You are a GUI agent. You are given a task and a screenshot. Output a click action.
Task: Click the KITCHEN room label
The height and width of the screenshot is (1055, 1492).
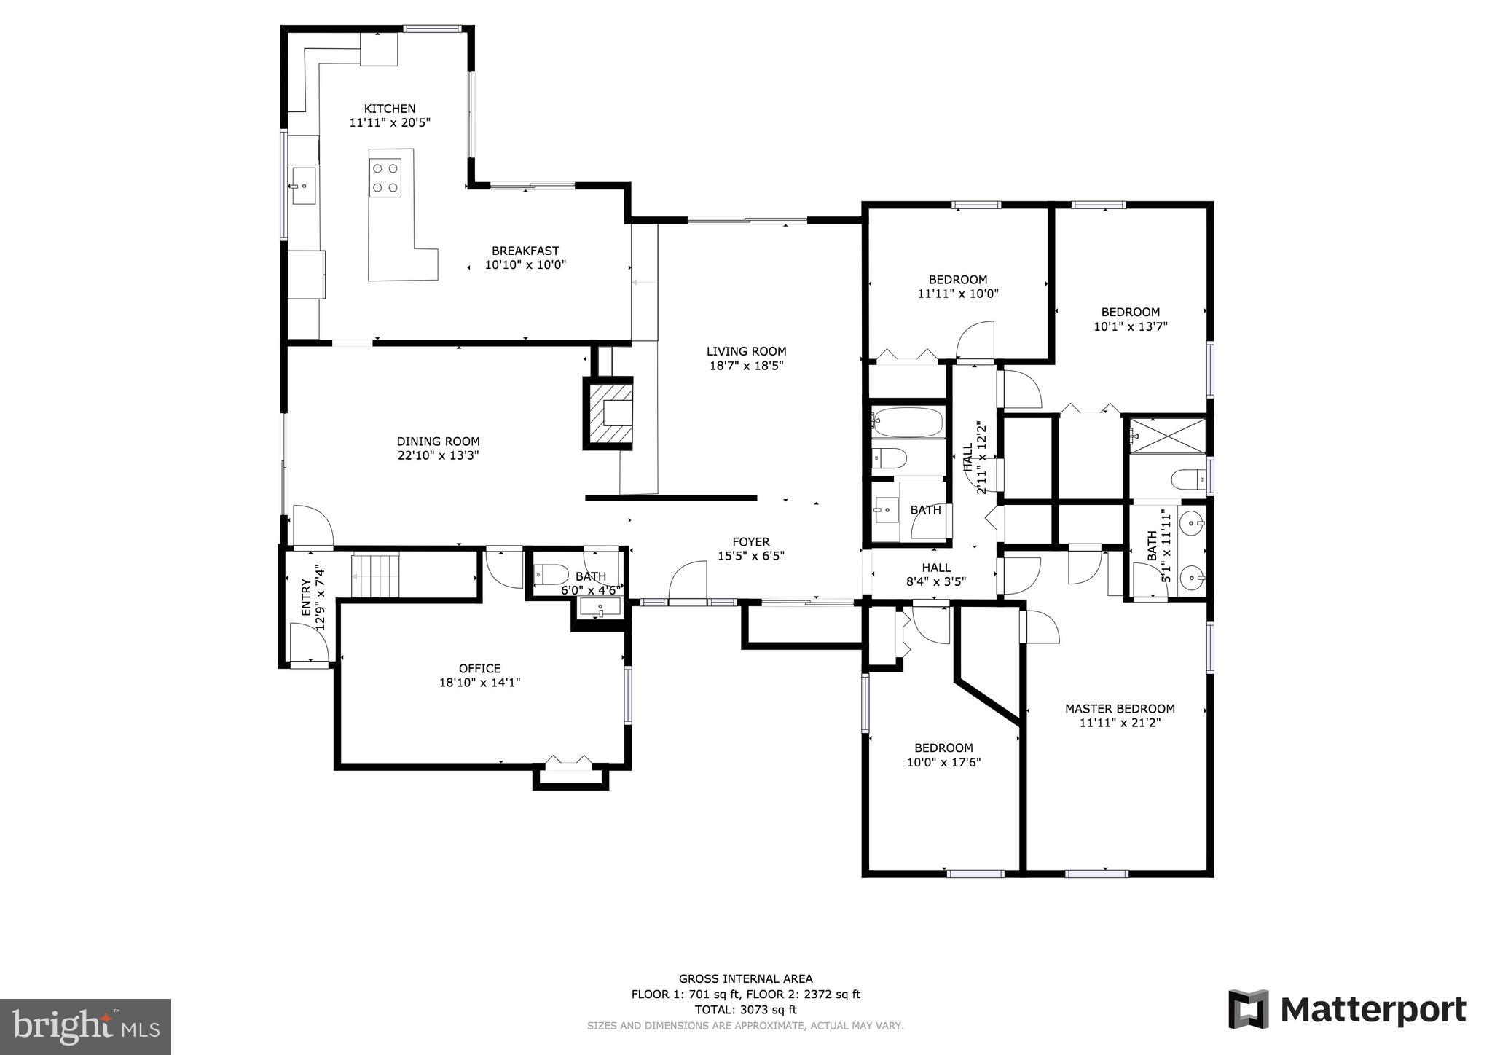point(390,109)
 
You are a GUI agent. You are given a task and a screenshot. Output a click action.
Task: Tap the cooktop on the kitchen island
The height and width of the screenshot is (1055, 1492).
point(385,177)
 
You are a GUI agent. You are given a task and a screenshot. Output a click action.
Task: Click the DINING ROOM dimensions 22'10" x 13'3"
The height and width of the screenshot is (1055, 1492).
point(438,455)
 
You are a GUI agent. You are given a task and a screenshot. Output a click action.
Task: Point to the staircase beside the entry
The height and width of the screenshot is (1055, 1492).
point(376,575)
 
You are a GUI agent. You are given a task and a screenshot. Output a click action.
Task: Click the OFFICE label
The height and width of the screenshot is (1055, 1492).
point(479,668)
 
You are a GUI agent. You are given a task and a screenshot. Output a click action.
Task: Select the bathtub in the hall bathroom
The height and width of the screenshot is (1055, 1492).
point(908,422)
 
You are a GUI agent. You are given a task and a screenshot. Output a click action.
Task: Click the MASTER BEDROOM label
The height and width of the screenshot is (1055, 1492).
point(1120,708)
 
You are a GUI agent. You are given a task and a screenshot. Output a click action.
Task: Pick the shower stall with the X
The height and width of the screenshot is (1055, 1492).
point(1167,436)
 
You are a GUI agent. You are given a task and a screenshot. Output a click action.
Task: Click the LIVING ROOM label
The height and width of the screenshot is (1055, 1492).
point(746,351)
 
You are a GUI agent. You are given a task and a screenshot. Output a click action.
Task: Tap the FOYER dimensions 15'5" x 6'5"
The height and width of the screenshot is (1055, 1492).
point(750,556)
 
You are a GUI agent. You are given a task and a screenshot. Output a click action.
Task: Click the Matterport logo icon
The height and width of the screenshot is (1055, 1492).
point(1249,1009)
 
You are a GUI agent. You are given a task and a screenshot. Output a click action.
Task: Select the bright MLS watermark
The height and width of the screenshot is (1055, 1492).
point(85,1027)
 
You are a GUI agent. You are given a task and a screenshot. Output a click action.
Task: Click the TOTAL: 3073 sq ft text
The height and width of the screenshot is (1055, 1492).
point(745,1010)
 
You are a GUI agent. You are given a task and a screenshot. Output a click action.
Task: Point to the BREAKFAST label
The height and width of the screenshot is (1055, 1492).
point(525,251)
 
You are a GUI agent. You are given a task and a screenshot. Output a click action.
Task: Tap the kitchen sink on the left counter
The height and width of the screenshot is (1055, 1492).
point(302,186)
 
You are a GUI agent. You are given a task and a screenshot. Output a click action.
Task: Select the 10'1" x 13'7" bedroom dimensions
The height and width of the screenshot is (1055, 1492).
point(1130,327)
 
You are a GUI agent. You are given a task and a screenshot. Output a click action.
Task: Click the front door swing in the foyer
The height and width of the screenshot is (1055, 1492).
point(687,582)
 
